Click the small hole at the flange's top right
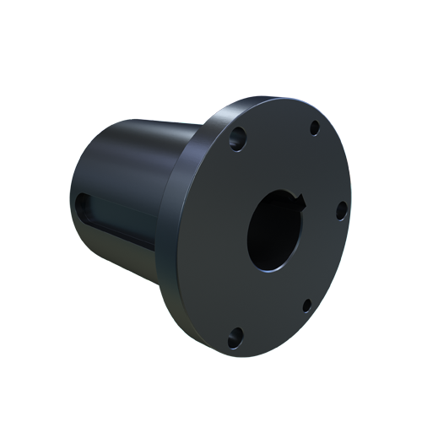tap(314, 128)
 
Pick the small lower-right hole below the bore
tap(306, 304)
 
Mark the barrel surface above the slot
tap(127, 160)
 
